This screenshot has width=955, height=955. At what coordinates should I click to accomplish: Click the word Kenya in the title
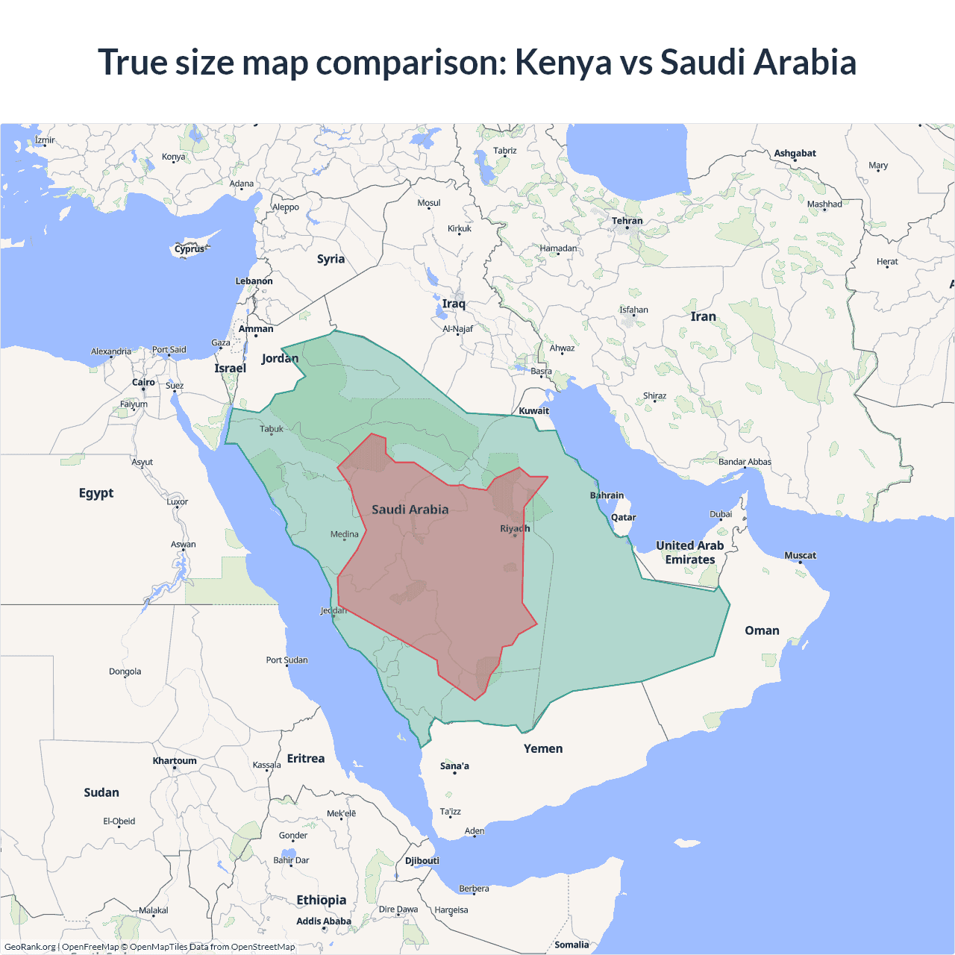[x=563, y=63]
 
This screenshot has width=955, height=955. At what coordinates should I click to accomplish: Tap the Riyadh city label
[x=515, y=528]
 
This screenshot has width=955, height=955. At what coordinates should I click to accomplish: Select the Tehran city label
[x=627, y=221]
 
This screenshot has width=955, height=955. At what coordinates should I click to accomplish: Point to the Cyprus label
[x=190, y=249]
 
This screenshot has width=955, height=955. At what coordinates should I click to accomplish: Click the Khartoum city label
[x=175, y=761]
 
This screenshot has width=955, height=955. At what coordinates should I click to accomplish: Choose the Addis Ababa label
[x=323, y=921]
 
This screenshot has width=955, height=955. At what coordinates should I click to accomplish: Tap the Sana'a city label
[x=454, y=766]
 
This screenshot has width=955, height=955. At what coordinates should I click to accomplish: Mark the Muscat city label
[x=800, y=556]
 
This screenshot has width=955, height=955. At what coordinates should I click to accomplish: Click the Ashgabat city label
[x=795, y=154]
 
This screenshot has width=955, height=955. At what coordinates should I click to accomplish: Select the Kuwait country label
[x=533, y=411]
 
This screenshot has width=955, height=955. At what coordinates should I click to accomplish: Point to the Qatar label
[x=623, y=518]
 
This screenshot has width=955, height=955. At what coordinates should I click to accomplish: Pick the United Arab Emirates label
[x=689, y=553]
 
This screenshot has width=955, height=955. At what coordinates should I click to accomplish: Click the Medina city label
[x=344, y=534]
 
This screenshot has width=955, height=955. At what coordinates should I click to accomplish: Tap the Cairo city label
[x=143, y=383]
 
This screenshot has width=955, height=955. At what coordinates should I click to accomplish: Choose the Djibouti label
[x=422, y=861]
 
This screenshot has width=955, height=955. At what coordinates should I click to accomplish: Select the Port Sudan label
[x=286, y=660]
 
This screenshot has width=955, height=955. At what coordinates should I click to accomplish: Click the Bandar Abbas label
[x=745, y=462]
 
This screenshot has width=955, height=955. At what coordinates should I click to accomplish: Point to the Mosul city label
[x=428, y=203]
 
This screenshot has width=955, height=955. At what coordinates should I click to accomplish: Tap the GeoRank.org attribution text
[x=30, y=947]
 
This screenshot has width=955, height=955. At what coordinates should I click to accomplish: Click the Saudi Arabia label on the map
[x=410, y=510]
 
